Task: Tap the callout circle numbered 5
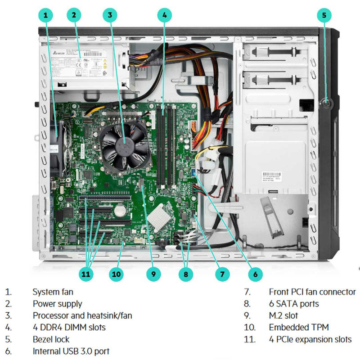coord(324,15)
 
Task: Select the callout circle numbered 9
coord(153,273)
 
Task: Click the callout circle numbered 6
coord(255,273)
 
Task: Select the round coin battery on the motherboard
coord(119,210)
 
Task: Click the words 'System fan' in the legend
coord(53,292)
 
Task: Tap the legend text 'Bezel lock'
coord(51,339)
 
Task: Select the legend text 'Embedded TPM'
coord(298,327)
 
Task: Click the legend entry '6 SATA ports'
coord(293,304)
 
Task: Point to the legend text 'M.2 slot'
coord(283,315)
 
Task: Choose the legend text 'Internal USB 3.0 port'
coord(71,351)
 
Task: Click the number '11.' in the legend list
coord(249,339)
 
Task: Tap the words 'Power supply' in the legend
coord(57,304)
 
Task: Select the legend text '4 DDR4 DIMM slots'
coord(69,327)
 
